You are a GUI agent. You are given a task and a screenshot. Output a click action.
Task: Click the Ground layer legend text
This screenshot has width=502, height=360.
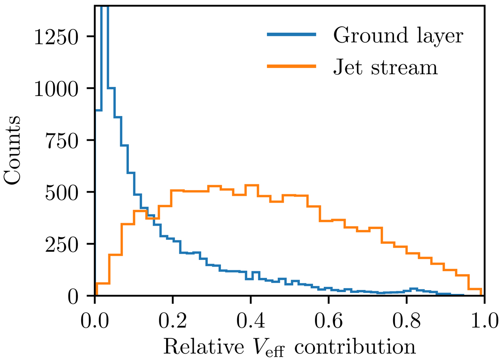click(398, 36)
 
